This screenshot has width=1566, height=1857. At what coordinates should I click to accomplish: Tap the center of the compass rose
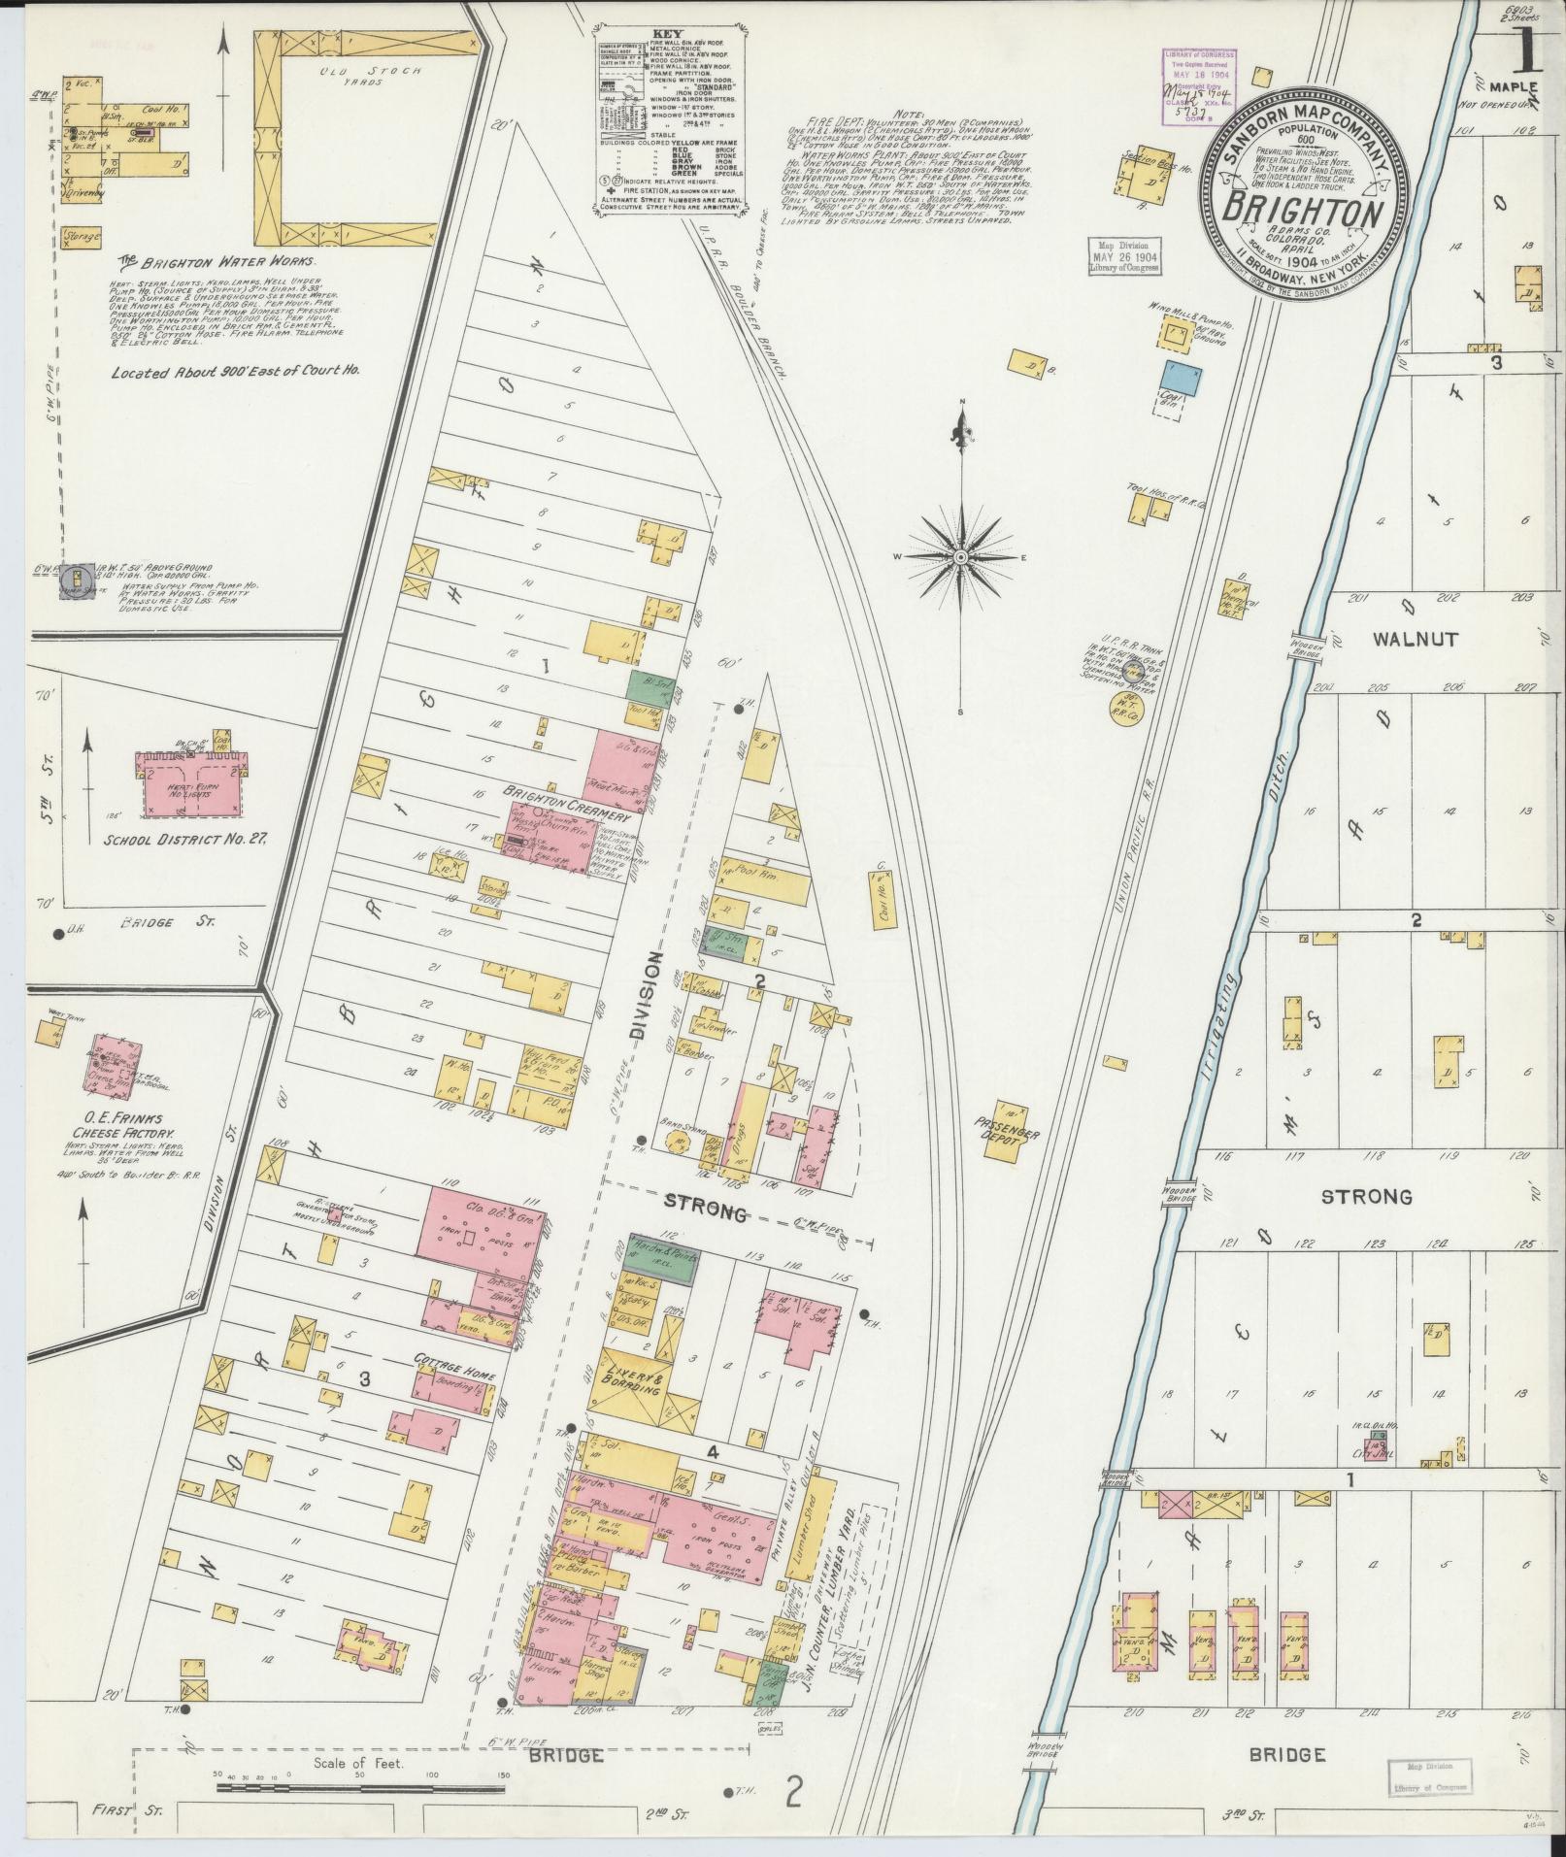click(x=960, y=556)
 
